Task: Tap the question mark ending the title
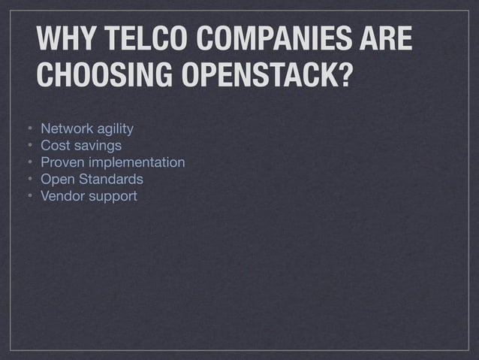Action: pyautogui.click(x=345, y=75)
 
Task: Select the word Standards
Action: pyautogui.click(x=109, y=180)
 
